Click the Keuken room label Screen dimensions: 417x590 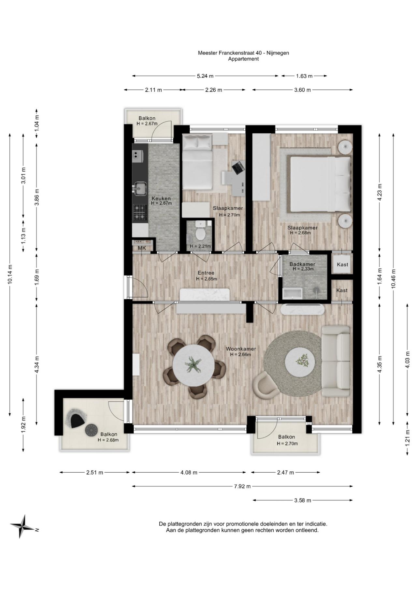161,199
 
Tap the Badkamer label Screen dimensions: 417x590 302,264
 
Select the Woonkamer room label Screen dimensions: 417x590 241,349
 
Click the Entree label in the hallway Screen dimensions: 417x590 206,273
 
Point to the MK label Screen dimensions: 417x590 142,248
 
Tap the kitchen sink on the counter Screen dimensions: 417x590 140,188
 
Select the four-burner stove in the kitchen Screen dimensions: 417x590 140,212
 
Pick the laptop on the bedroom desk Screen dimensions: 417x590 238,167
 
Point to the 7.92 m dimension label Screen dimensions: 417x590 242,486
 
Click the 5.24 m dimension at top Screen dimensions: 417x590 205,76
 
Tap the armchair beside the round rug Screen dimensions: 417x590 266,385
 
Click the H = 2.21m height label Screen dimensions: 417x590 200,246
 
